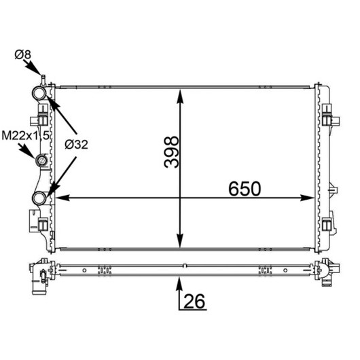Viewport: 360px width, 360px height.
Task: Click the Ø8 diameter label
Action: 22,55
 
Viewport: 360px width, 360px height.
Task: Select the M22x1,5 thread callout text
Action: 25,136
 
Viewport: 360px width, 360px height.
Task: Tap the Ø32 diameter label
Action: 76,145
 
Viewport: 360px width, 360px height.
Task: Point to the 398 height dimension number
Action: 171,151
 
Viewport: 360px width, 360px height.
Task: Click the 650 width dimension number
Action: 245,189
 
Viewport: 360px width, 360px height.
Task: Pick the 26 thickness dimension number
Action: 194,301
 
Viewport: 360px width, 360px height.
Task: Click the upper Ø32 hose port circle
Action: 39,93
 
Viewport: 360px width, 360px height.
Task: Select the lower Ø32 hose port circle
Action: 39,198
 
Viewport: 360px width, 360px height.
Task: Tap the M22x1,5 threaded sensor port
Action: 41,160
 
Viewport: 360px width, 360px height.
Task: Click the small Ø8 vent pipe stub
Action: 43,80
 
